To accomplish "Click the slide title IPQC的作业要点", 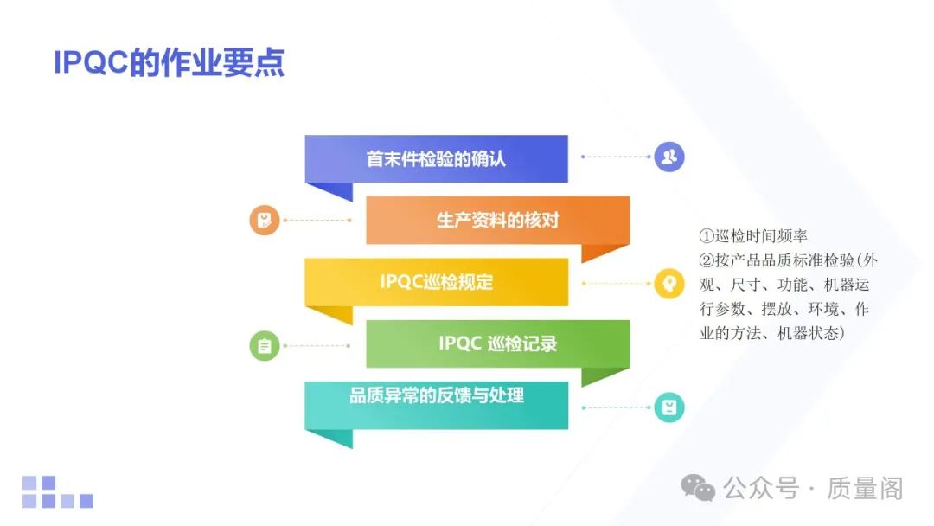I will (x=169, y=63).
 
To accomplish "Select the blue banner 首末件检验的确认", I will (x=436, y=159).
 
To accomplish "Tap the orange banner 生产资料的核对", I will (x=497, y=221).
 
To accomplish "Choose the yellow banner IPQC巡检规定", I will (x=436, y=282).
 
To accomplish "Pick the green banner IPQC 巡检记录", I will (x=497, y=343).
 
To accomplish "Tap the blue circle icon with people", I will (x=669, y=157).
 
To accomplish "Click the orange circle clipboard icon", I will (x=265, y=220).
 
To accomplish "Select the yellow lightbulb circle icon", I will (x=669, y=283).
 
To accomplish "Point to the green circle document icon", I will (x=265, y=346).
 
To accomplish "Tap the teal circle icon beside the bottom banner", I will (x=669, y=407).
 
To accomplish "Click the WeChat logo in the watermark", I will (x=698, y=489).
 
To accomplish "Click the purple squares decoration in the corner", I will (x=57, y=491).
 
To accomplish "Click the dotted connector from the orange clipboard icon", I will (x=317, y=220).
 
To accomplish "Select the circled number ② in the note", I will (x=707, y=260).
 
